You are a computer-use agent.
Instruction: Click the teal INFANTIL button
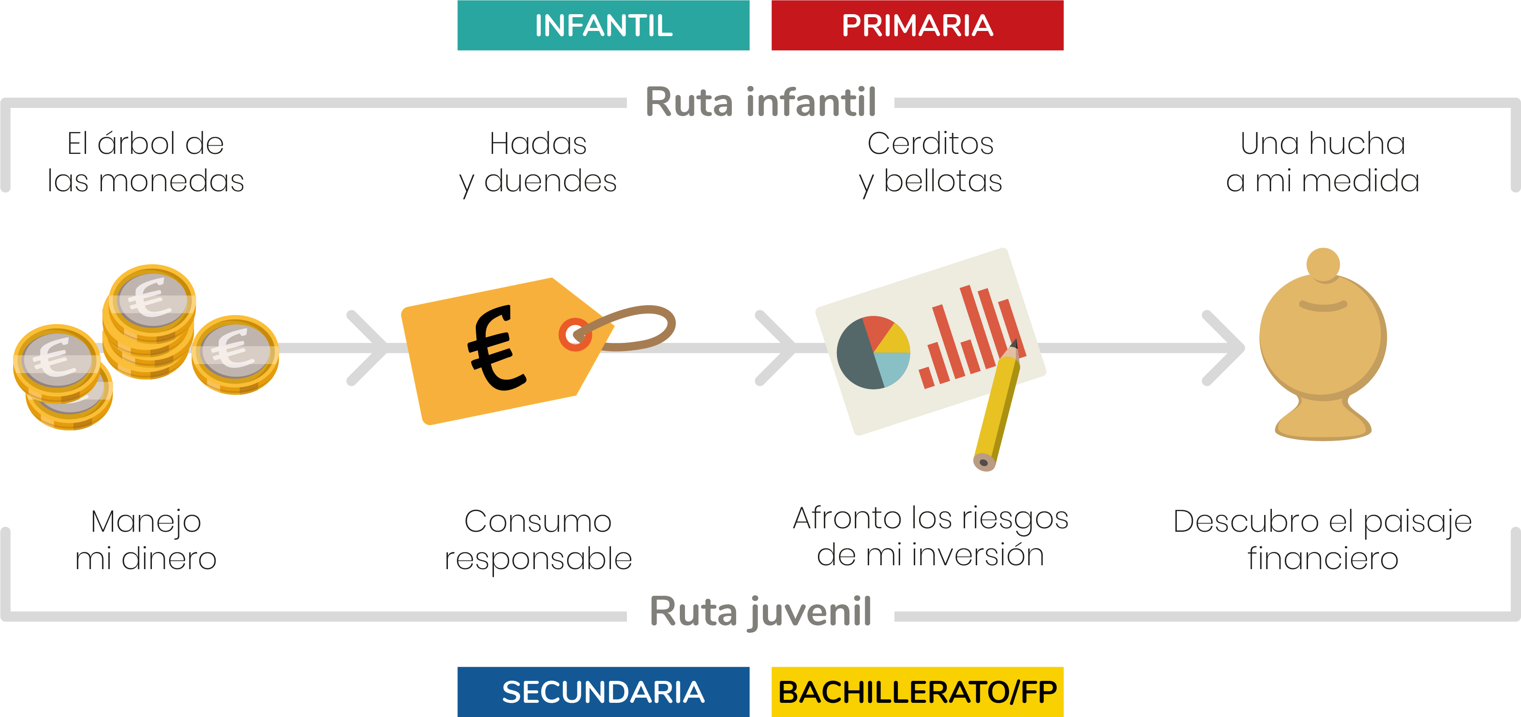coord(603,25)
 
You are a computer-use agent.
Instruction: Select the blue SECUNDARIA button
coord(603,692)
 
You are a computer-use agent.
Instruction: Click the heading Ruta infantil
coord(761,102)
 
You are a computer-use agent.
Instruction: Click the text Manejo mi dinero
coord(145,539)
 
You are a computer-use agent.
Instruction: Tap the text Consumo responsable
coord(538,539)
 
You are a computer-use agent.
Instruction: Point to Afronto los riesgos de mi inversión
coord(931,536)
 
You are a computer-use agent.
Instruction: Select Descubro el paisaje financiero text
coord(1323,539)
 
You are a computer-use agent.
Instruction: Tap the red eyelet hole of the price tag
coord(574,334)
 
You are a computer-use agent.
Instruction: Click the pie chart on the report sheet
coord(873,352)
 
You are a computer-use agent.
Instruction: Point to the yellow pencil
coord(998,407)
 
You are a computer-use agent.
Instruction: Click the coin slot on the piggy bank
coord(1323,306)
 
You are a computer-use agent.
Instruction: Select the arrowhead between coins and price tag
coord(369,348)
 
